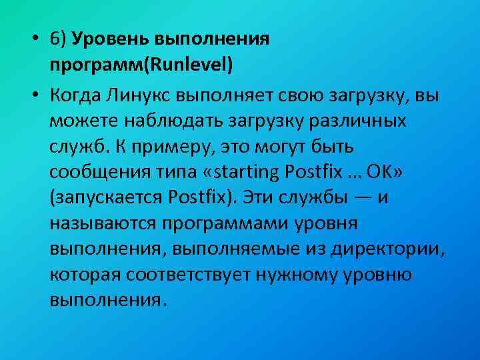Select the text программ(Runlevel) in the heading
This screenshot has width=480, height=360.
(141, 66)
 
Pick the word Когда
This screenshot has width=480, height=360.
(74, 94)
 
